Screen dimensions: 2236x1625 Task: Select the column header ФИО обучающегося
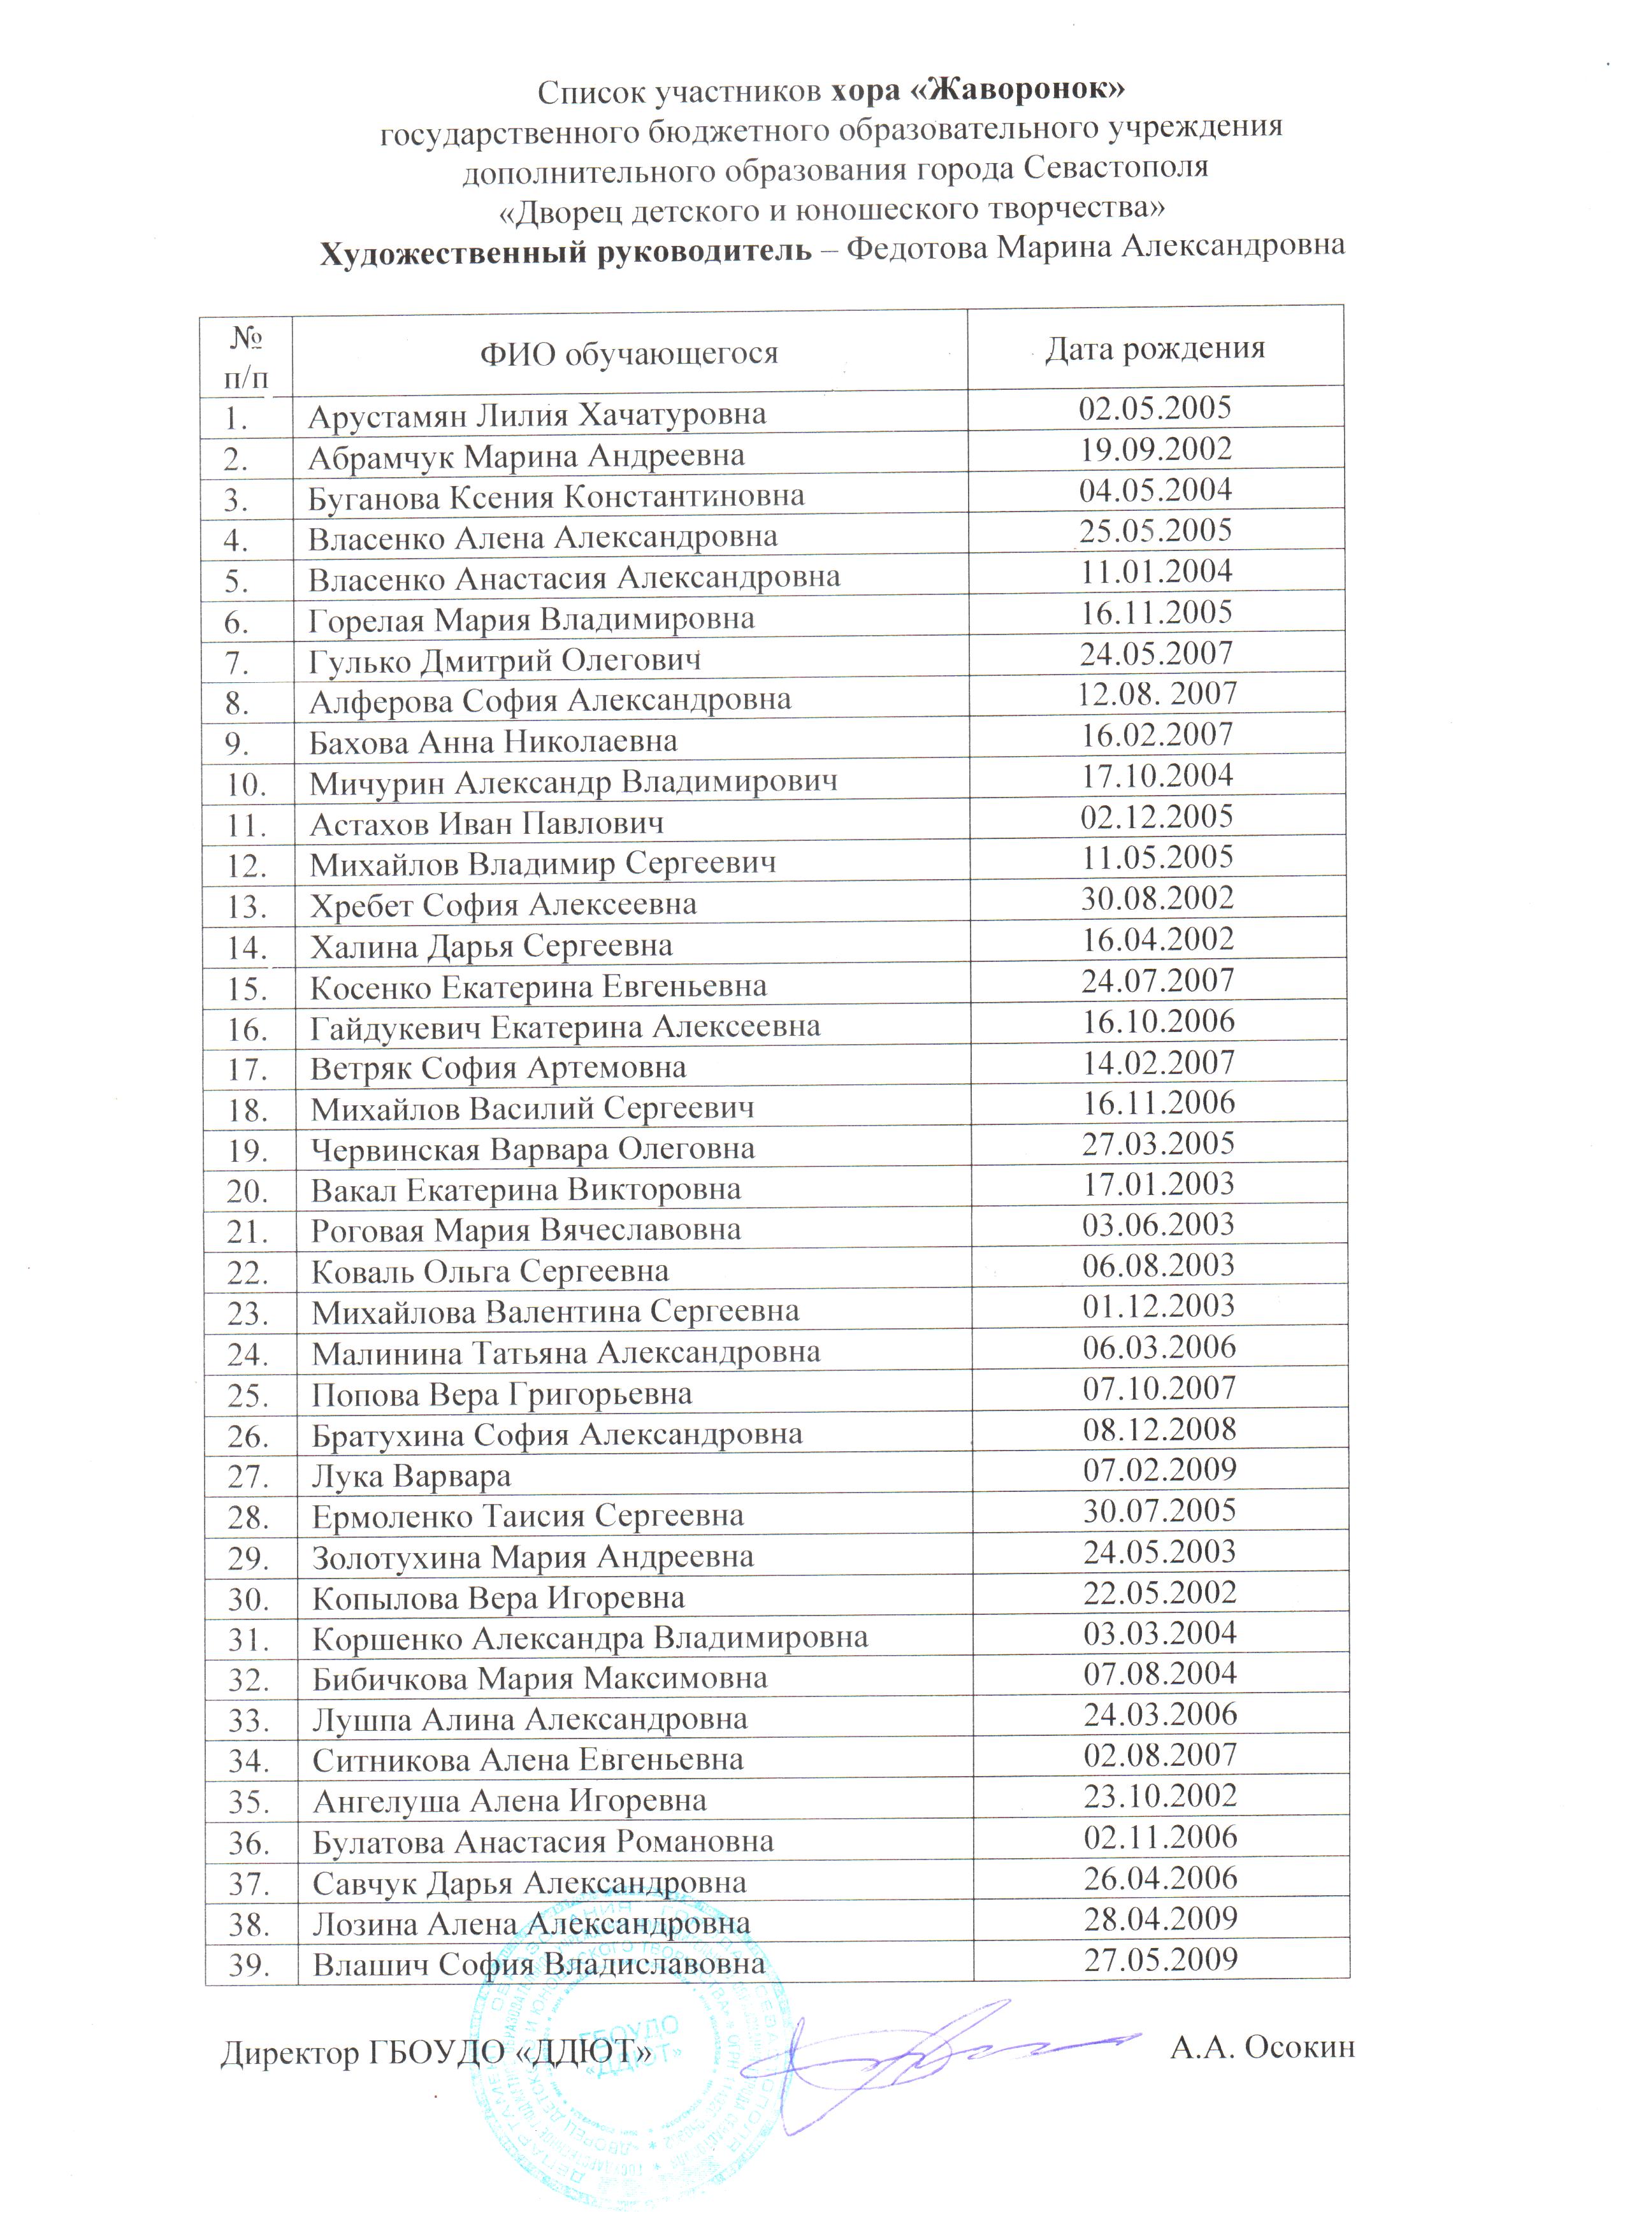pyautogui.click(x=628, y=353)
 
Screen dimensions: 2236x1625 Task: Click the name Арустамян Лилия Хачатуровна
pyautogui.click(x=537, y=415)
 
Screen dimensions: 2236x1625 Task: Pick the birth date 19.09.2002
pyautogui.click(x=1155, y=450)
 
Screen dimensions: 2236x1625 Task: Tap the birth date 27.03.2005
pyautogui.click(x=1159, y=1143)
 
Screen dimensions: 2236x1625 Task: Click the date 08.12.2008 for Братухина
pyautogui.click(x=1160, y=1430)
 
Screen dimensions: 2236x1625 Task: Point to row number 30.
pyautogui.click(x=249, y=1599)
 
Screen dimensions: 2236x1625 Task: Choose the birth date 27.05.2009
pyautogui.click(x=1160, y=1960)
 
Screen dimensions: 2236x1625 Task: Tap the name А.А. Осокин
pyautogui.click(x=1262, y=2047)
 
